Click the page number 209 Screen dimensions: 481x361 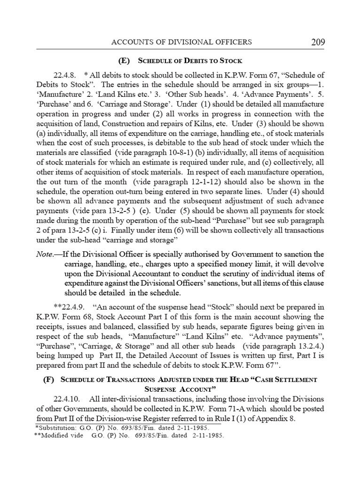tap(318, 43)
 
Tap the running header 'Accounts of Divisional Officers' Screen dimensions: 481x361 tap(181, 42)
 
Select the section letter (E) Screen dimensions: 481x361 tap(126, 61)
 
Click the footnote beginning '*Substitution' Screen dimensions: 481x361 tap(121, 427)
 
